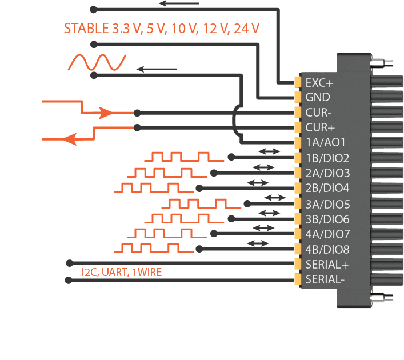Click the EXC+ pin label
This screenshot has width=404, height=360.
tap(319, 82)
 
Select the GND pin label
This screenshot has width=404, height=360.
tap(318, 97)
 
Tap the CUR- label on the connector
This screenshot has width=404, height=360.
tap(318, 113)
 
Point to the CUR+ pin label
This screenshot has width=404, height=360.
tap(319, 127)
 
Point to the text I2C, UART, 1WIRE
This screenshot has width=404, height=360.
tap(122, 273)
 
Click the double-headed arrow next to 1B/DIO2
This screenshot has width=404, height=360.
tap(269, 152)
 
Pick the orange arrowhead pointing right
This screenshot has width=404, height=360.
tap(106, 113)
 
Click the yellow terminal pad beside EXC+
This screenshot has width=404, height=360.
tap(298, 82)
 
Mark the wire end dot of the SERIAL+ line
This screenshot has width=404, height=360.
tap(69, 263)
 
